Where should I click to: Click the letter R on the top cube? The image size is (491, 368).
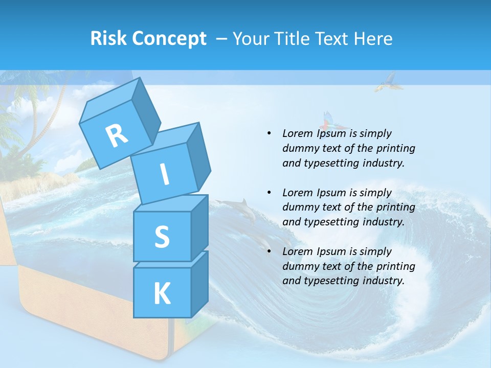tap(117, 135)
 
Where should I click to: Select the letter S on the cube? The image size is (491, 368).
tap(162, 237)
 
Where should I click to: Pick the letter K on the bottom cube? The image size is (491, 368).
tap(162, 293)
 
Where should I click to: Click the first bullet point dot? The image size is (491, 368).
tap(269, 133)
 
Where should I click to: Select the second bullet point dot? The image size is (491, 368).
tap(269, 193)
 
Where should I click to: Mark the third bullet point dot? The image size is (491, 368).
tap(269, 251)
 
